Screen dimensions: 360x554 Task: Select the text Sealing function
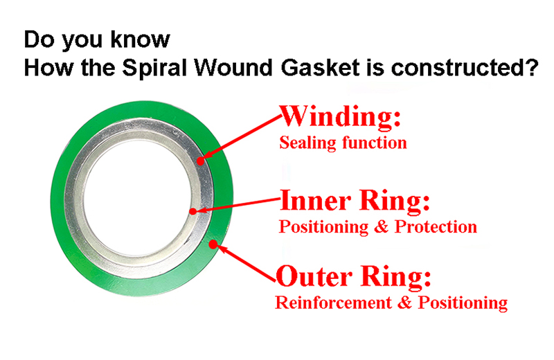pos(342,143)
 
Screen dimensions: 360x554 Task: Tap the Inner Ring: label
pos(355,201)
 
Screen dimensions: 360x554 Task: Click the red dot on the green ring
pos(216,243)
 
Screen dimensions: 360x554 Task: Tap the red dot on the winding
pos(199,161)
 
